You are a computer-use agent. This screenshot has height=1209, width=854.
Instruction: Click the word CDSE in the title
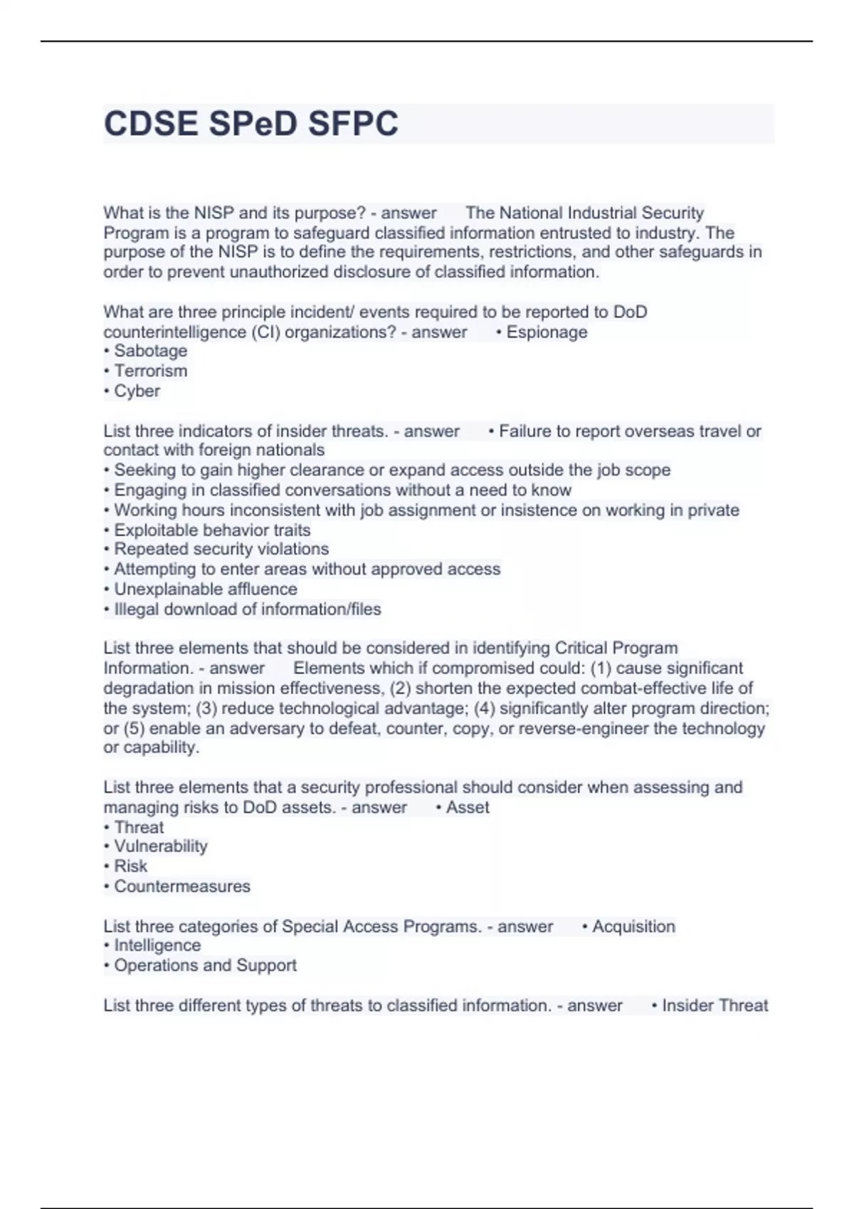151,124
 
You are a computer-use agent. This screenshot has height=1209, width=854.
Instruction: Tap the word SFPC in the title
353,124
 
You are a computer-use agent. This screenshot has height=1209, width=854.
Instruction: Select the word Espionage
547,332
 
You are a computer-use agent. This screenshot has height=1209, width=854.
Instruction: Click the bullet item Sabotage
150,351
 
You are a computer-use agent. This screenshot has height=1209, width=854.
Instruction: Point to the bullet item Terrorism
150,371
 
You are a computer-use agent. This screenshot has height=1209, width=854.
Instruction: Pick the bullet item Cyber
137,391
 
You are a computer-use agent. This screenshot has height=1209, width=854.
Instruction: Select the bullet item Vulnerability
160,846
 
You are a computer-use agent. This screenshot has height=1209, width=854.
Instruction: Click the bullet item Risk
130,866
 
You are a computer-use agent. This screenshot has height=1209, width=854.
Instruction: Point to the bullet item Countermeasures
181,886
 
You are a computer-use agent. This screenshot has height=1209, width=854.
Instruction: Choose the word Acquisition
633,927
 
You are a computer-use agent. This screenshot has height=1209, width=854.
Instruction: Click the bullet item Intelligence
157,945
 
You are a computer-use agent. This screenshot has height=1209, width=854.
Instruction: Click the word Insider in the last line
685,1006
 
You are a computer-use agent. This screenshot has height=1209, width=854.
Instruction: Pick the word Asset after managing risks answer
468,807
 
